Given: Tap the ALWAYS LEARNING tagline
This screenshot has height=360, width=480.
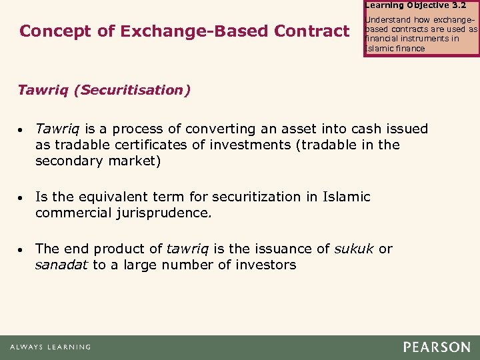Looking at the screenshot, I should pos(50,347).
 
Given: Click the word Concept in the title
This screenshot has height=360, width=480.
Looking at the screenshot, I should pos(49,31).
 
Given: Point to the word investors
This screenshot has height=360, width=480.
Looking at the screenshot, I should pos(266,265).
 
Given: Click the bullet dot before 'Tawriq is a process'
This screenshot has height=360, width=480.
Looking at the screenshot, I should pos(23,130).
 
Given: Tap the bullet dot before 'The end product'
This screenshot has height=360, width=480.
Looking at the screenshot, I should pos(23,250).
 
